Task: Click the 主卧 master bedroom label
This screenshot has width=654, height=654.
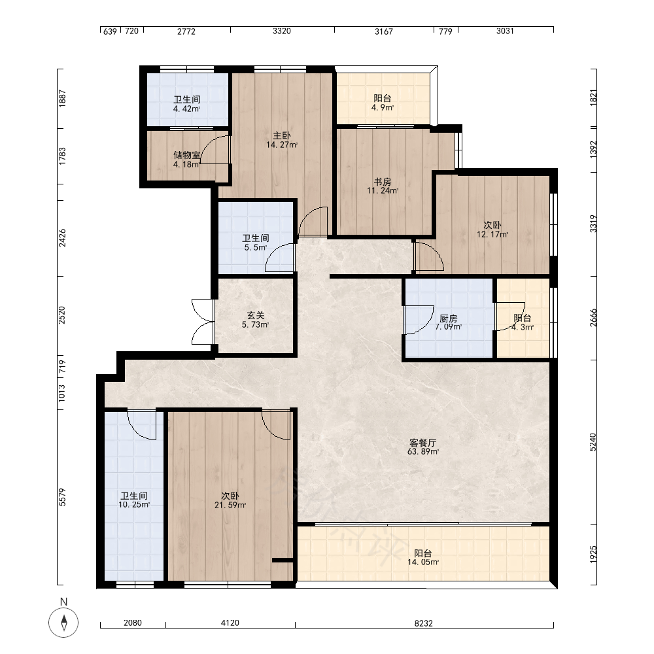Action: tap(282, 135)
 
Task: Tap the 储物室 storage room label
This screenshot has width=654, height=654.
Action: tap(187, 155)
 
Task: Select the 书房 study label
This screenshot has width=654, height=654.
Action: tap(383, 182)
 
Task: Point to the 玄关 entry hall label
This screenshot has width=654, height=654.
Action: tap(255, 316)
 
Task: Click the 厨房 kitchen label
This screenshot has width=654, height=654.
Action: tap(449, 318)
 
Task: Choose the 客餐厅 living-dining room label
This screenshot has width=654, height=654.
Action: tap(423, 443)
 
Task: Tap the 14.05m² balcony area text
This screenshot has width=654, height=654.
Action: tap(423, 562)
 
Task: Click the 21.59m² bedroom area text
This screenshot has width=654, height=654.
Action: tap(230, 505)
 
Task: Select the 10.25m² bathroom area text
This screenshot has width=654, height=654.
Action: tap(134, 505)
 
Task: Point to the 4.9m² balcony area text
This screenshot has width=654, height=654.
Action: tap(383, 108)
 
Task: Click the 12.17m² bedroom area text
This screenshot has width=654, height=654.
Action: tap(492, 234)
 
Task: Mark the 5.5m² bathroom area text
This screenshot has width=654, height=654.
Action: tap(255, 247)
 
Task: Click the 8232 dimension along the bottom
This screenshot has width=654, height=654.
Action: tap(423, 623)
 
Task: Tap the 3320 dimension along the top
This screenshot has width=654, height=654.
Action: tap(282, 31)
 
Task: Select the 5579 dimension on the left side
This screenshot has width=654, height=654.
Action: tap(62, 497)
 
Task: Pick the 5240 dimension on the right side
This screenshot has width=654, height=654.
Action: tap(593, 442)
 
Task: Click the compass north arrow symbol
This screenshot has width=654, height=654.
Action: tap(64, 623)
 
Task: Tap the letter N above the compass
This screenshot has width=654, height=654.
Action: tap(64, 602)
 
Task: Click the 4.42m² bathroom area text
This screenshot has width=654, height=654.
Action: tap(187, 109)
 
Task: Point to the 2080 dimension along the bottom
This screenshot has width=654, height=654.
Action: tap(133, 623)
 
